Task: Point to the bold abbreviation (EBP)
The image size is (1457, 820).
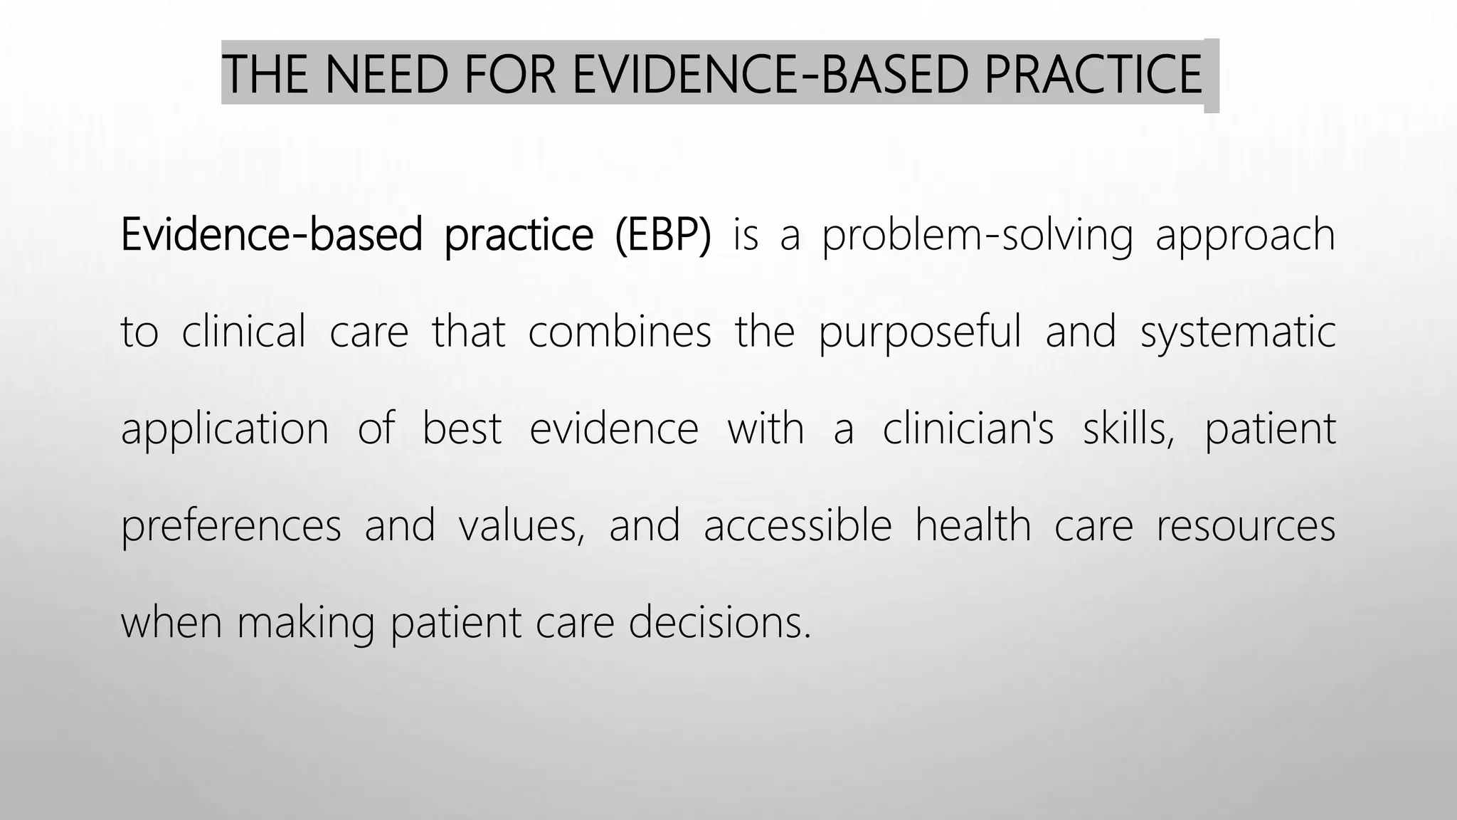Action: [663, 235]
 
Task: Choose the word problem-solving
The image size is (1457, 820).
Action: [977, 236]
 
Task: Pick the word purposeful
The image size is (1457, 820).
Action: [919, 333]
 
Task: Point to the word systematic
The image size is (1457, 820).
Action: [1238, 333]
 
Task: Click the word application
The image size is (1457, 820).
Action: [225, 430]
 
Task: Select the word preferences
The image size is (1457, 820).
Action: [231, 526]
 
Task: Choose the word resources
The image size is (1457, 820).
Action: [1246, 527]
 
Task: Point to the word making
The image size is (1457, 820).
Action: [305, 623]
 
